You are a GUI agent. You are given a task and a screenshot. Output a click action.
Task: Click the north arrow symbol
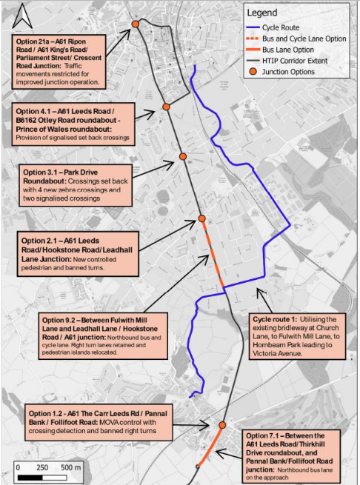pos(22,14)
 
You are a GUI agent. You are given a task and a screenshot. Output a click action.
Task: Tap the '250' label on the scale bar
pos(43,468)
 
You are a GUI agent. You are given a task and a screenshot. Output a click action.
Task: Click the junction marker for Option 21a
pos(136,24)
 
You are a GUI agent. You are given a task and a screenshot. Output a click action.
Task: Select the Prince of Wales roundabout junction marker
pos(167,107)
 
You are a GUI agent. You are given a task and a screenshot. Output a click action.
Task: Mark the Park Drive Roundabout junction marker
pos(182,157)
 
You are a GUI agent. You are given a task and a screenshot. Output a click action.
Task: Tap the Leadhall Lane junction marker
pos(201,218)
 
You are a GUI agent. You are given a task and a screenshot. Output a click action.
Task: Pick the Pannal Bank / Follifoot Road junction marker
pos(222,425)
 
